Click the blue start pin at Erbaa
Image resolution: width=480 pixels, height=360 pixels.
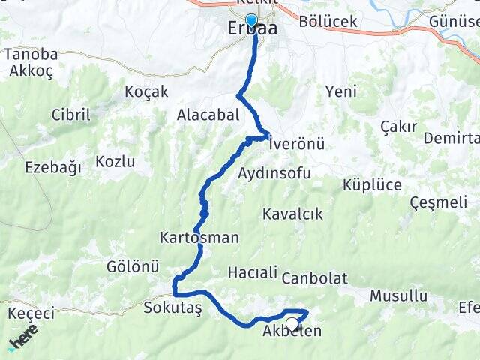(251, 21)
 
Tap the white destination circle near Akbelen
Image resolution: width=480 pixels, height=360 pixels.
(292, 323)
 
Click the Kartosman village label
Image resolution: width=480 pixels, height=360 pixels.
(199, 238)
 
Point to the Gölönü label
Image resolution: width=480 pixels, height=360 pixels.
(133, 266)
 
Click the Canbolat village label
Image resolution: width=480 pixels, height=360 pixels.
(315, 278)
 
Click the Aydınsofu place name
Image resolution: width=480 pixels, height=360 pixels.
(274, 173)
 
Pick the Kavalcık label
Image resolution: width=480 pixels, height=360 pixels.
(292, 214)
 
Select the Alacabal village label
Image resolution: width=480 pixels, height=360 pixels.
(208, 115)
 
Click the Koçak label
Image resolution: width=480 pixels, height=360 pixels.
(147, 91)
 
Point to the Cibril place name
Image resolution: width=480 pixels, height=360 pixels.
(70, 115)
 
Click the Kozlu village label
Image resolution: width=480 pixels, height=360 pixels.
(115, 161)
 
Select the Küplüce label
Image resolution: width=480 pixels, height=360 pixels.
(371, 184)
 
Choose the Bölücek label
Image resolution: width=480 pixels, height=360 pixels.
(328, 22)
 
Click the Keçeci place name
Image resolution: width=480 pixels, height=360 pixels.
(31, 313)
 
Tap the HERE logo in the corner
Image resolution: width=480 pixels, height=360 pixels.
(24, 340)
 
